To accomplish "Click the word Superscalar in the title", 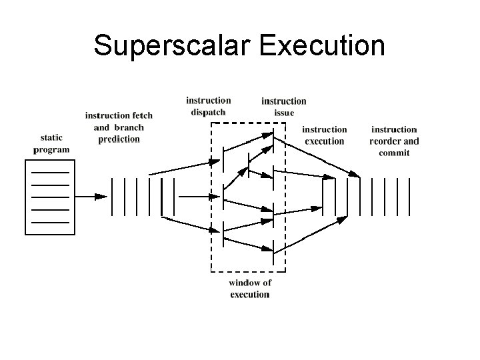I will coord(171,45).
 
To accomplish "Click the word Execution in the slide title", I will coord(319,45).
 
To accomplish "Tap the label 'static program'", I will coord(51,143).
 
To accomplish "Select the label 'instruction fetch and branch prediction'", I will coord(119,127).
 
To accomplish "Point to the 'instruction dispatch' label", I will coord(208,106).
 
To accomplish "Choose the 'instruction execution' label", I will coord(325,135).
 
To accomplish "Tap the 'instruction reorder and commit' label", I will coord(394,141).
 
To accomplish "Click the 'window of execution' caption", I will coord(249,288).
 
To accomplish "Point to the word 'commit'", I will coord(394,153).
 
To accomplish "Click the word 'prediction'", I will coord(119,139).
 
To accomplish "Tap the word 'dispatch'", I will coord(208,112).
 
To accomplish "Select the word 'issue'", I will coord(284,113).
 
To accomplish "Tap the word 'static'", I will coord(51,137).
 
